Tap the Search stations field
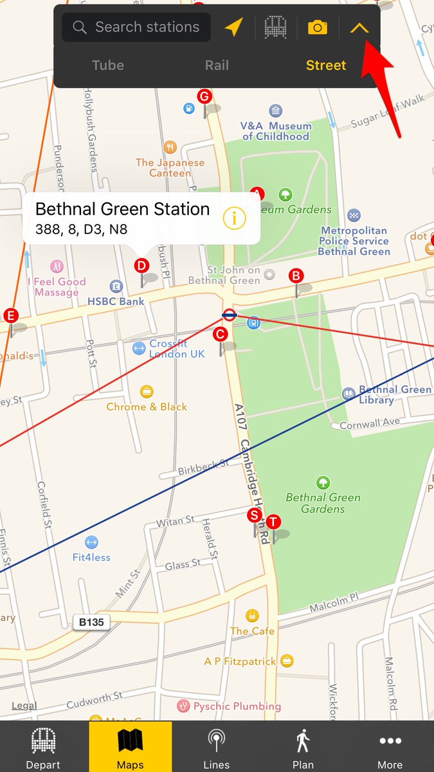136,27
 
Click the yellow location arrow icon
234,27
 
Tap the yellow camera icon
318,27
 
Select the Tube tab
108,65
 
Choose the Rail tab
217,65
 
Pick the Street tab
326,65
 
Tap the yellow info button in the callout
235,218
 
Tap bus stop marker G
204,97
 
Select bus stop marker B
296,276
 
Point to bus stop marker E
10,315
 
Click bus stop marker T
273,522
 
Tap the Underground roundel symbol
229,315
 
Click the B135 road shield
91,622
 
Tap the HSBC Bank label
116,301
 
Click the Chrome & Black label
147,407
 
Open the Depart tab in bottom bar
43,748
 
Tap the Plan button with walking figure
303,748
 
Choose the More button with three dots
390,748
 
